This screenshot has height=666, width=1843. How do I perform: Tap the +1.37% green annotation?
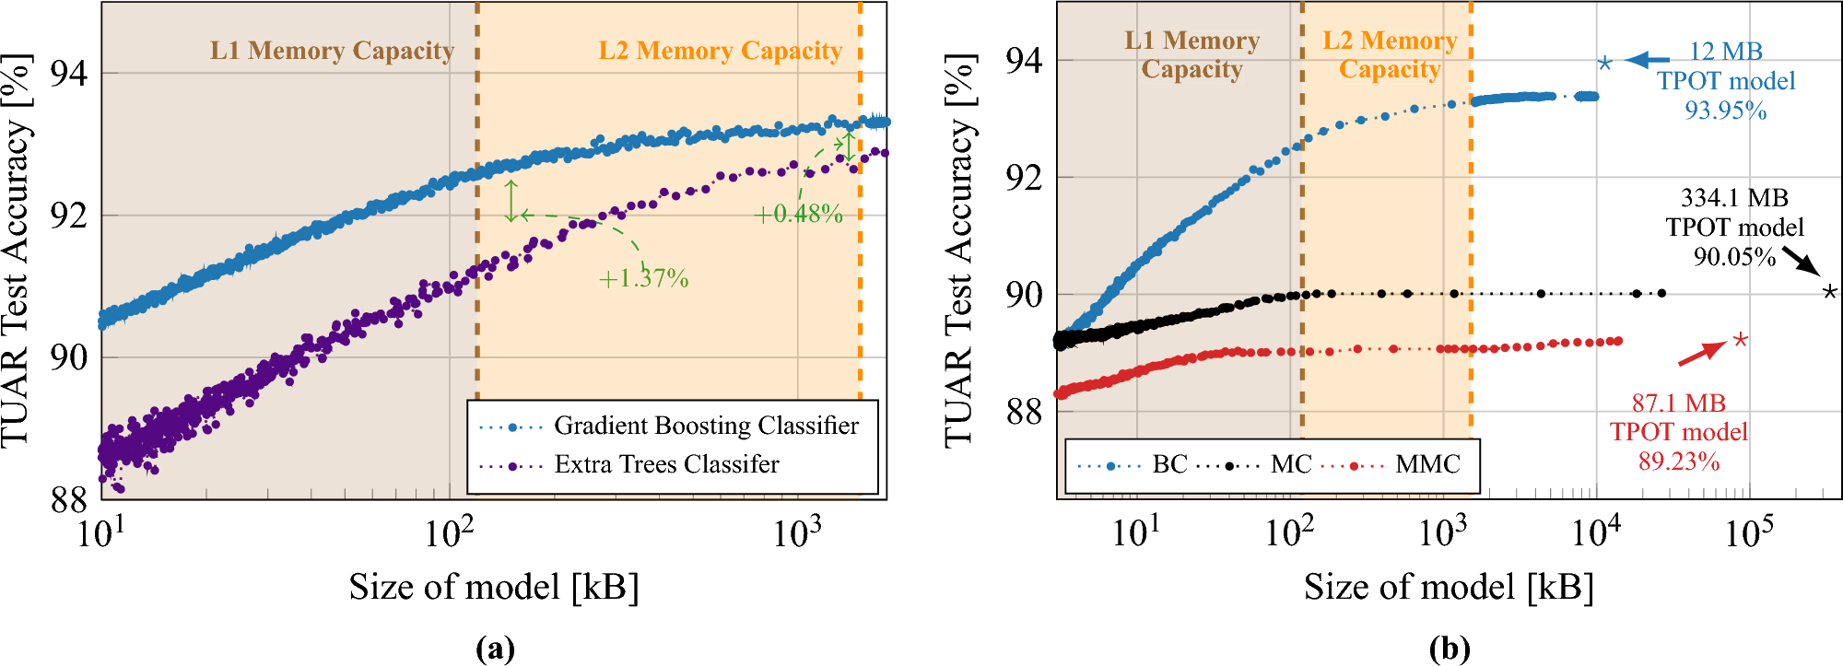pos(643,278)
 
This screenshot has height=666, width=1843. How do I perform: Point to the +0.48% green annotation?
pos(798,214)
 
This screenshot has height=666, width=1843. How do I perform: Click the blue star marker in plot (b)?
pos(1604,63)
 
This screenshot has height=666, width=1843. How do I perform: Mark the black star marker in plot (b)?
pos(1830,292)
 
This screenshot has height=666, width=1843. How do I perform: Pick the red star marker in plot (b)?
pos(1740,340)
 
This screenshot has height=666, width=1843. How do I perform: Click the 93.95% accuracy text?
pos(1725,111)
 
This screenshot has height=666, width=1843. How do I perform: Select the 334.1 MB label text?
pos(1734,198)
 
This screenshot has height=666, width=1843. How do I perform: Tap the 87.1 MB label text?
pos(1678,403)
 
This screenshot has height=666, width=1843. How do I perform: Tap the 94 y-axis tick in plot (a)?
pos(68,73)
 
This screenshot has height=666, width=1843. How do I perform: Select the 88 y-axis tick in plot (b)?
pos(1024,411)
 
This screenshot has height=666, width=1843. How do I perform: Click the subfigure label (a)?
pos(495,648)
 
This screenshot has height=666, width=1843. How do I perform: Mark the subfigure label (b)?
pos(1449,648)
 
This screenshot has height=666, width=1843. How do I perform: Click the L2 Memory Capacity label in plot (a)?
pos(720,51)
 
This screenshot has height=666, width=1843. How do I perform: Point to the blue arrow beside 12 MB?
pos(1647,60)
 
